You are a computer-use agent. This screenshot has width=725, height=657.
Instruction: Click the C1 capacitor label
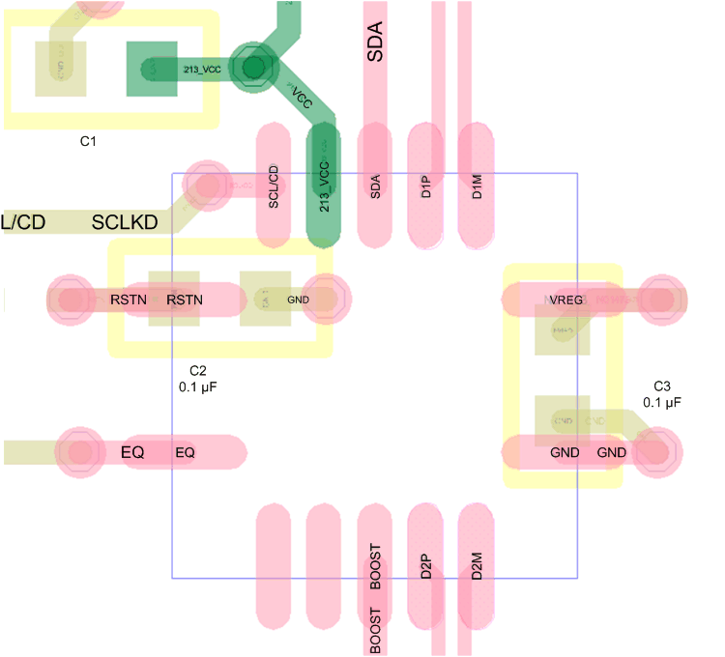tap(88, 141)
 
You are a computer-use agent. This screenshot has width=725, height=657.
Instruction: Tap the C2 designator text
tap(197, 371)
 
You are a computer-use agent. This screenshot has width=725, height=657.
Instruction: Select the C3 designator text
tap(662, 385)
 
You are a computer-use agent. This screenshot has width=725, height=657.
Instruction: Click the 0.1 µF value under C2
tap(197, 387)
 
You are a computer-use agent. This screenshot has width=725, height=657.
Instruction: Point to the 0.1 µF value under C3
tap(662, 401)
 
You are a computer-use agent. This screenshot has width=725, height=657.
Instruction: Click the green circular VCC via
tap(253, 68)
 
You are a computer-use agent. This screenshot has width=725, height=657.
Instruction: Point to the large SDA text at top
tap(375, 43)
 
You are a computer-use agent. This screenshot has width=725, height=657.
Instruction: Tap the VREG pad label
tap(566, 300)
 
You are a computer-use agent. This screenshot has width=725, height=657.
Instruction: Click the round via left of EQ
tap(79, 451)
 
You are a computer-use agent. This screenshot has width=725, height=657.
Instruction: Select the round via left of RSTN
tap(71, 300)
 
